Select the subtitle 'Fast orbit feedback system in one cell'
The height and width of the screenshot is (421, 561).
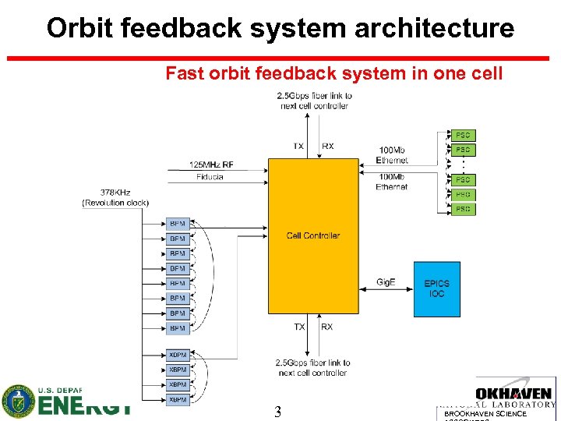pyautogui.click(x=334, y=74)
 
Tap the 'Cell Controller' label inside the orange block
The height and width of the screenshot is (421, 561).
pyautogui.click(x=313, y=235)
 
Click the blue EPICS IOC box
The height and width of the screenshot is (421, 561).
pyautogui.click(x=436, y=288)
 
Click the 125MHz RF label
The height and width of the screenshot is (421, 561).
pyautogui.click(x=210, y=165)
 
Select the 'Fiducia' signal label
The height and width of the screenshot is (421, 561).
pyautogui.click(x=209, y=177)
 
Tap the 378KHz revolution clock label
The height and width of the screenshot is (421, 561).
pyautogui.click(x=115, y=197)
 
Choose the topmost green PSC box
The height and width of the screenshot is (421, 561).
pyautogui.click(x=463, y=135)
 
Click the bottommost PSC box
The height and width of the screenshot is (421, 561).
pyautogui.click(x=463, y=209)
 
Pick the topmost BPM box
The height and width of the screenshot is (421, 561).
pyautogui.click(x=178, y=224)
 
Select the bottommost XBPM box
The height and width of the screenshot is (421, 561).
pyautogui.click(x=178, y=399)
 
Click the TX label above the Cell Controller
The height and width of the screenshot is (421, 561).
pyautogui.click(x=298, y=147)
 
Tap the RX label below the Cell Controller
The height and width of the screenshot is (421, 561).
pyautogui.click(x=326, y=327)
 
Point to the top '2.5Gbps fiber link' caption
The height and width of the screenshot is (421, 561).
pyautogui.click(x=315, y=101)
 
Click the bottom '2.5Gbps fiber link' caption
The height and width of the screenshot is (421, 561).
pyautogui.click(x=314, y=367)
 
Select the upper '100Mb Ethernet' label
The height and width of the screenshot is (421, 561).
pyautogui.click(x=392, y=154)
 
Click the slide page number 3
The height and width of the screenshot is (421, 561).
pyautogui.click(x=277, y=412)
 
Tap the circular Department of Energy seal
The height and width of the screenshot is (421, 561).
pyautogui.click(x=18, y=401)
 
